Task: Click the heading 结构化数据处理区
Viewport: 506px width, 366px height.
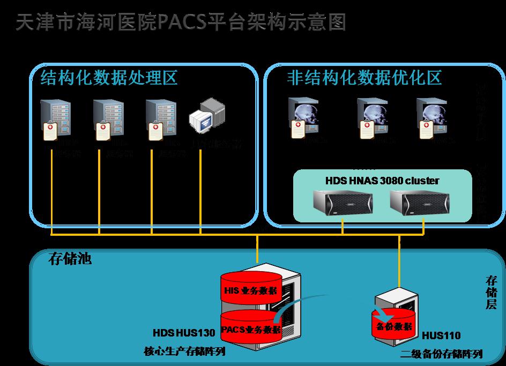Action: coord(109,78)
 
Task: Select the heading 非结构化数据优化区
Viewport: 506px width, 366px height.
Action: coord(364,78)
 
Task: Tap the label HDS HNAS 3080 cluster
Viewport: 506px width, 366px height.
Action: coord(382,181)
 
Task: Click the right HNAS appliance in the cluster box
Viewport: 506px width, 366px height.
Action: coord(419,203)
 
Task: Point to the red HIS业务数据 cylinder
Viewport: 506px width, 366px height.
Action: coord(251,290)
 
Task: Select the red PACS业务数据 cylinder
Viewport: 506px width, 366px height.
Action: coord(251,328)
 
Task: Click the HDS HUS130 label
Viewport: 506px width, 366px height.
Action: coord(184,333)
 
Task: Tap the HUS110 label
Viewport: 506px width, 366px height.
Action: coord(441,337)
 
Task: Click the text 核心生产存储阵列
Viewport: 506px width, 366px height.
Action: coord(184,352)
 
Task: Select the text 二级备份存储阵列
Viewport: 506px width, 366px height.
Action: coord(442,354)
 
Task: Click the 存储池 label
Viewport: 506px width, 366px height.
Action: coord(70,260)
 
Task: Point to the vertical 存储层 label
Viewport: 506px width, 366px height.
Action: coord(491,293)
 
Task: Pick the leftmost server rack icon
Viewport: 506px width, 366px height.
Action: coord(55,119)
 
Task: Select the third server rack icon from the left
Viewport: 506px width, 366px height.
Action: coord(160,119)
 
